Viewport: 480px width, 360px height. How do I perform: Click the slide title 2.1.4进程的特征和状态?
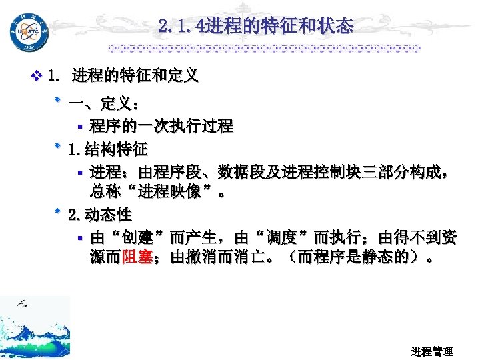pos(256,27)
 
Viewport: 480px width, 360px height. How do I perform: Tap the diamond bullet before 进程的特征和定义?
pos(36,76)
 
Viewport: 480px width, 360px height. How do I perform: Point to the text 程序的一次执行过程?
pos(162,125)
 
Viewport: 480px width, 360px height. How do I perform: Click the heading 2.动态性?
pos(100,215)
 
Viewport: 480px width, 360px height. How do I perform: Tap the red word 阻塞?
pos(138,257)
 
